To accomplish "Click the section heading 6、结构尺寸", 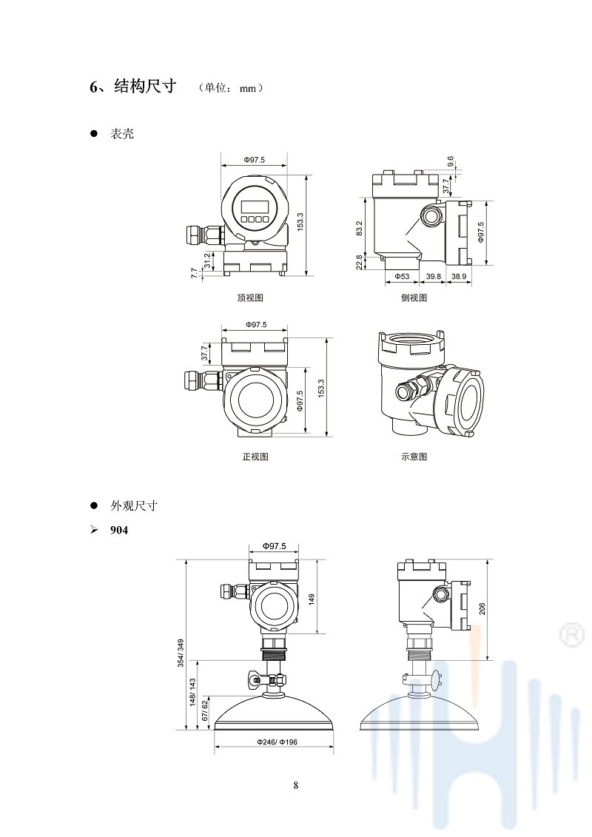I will [x=132, y=87].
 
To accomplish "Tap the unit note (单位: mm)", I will [x=231, y=88].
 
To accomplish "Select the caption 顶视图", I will [x=250, y=298].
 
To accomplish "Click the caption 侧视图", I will [x=414, y=298].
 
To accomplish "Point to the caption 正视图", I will [x=255, y=457].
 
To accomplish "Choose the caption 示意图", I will [x=414, y=457].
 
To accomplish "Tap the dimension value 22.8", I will [x=360, y=262].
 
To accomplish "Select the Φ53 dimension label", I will [x=401, y=276].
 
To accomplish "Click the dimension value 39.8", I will [x=434, y=276].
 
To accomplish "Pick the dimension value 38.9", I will [x=459, y=276].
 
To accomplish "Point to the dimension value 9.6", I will [x=451, y=161].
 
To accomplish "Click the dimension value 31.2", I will [x=208, y=260].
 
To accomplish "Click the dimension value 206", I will [x=482, y=609].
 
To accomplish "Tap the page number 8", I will [x=296, y=785].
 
